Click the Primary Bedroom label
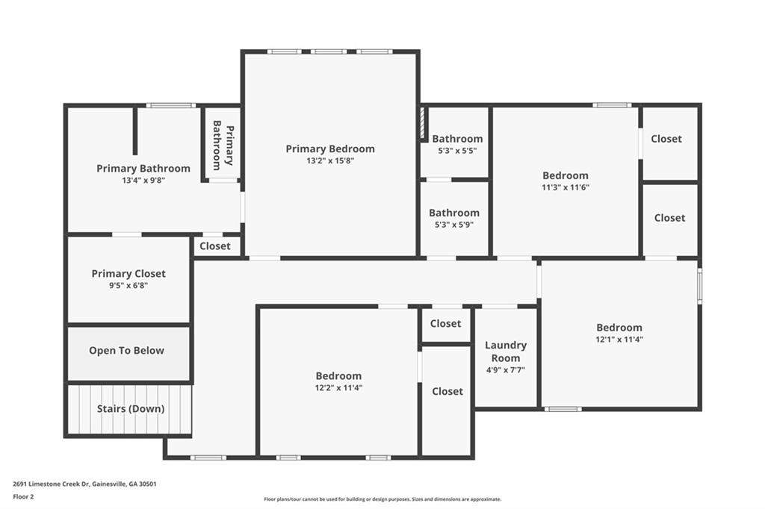[x=330, y=149]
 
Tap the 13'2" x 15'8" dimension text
[x=330, y=161]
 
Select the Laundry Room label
[x=506, y=352]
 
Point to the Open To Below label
[x=126, y=351]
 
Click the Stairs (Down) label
[x=131, y=408]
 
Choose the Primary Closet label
[x=128, y=273]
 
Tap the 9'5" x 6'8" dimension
[x=128, y=286]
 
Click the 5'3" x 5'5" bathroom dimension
[x=457, y=152]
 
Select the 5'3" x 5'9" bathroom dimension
[x=454, y=225]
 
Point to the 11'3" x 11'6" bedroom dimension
[x=566, y=188]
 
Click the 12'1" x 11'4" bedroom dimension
[x=619, y=340]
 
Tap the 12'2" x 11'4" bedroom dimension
[x=338, y=388]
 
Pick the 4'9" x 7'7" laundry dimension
[x=506, y=370]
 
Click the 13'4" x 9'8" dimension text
[x=143, y=181]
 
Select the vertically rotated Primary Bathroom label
[x=223, y=146]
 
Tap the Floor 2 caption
[x=23, y=497]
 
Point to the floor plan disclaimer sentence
[x=382, y=499]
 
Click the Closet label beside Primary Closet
[x=215, y=246]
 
